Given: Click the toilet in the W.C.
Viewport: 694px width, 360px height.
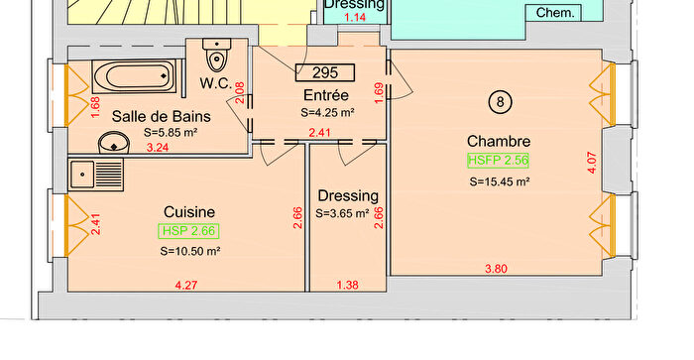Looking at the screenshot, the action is coord(216,55).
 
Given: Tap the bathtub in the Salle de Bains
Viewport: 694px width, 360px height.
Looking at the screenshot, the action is coord(136,76).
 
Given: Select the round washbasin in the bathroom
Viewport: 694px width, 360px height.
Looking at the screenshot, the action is coord(114,143).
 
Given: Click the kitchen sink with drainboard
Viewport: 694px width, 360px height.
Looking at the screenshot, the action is coord(95,175).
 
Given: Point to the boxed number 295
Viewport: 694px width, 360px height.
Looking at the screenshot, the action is coord(325,72).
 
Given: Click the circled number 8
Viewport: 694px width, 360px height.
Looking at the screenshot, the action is coord(500,102).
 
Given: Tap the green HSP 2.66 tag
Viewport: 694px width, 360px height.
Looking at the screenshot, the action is coord(188,231).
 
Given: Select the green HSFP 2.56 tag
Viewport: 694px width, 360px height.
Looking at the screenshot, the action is coord(498,161).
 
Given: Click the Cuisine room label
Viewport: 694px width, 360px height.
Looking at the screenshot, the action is coord(189,212).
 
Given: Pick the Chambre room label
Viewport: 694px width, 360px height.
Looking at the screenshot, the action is coord(499,141).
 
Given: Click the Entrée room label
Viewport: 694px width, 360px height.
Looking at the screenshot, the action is coord(326,95).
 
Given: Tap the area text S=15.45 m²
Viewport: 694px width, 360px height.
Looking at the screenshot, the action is coord(500,181).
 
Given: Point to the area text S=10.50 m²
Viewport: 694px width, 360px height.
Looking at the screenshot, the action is coord(190,251).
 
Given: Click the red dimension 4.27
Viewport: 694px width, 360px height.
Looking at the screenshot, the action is coord(186,286).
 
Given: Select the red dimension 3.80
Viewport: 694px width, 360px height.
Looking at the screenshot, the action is coord(496,269).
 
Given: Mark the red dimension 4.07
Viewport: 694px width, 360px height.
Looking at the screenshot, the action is coord(592,163).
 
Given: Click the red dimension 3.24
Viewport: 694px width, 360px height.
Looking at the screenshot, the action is coord(157,148).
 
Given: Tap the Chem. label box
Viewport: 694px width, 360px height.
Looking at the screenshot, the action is coord(554,13).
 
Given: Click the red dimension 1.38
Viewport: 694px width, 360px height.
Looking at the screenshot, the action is coord(347,286).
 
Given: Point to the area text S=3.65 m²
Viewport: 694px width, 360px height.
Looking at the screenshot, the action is coord(342,213).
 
